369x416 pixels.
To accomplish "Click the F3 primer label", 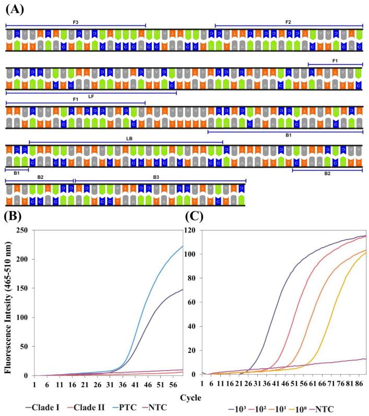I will click(75, 22).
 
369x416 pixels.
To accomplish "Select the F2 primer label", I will click(288, 22).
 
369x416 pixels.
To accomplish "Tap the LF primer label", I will click(91, 96).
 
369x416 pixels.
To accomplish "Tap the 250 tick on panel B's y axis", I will click(22, 230).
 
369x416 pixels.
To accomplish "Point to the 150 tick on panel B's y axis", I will click(22, 288).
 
